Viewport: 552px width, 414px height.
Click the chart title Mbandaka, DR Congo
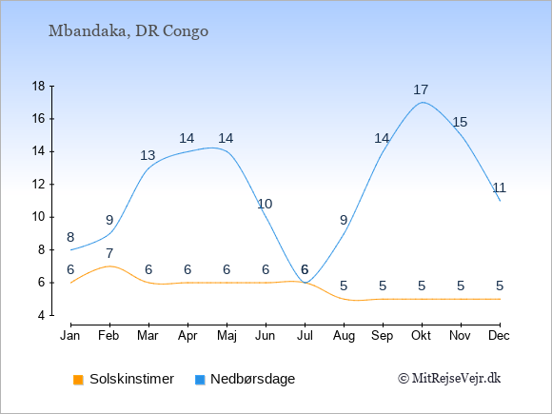coord(128,31)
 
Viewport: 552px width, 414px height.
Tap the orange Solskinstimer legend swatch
coord(78,380)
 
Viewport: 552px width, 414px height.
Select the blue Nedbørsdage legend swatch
coord(200,380)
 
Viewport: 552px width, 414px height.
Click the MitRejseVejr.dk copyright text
coord(449,379)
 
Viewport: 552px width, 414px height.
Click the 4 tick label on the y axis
coord(42,315)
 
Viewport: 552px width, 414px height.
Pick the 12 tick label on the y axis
coord(39,184)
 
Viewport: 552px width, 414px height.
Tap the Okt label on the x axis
coord(421,336)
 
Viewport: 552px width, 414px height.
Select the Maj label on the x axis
coord(227,336)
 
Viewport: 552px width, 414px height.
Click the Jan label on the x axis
coord(70,336)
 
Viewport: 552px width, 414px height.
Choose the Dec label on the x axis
coord(499,336)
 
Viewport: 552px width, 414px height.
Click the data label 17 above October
coord(421,89)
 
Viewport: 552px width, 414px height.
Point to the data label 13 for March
coord(148,155)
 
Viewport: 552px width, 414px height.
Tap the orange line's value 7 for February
coord(109,253)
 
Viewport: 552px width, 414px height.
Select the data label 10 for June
coord(265,204)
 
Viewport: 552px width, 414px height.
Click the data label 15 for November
coord(460,122)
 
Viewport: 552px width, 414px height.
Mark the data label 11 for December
coord(499,187)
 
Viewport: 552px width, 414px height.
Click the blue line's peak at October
coord(423,102)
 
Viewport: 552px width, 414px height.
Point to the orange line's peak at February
coord(109,266)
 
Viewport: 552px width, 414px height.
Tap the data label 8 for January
coord(70,237)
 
